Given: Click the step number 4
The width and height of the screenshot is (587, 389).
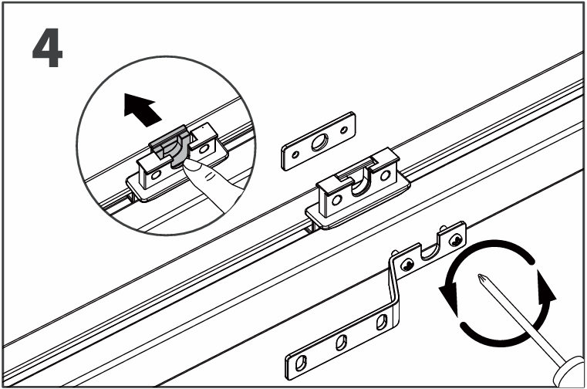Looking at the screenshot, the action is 48,48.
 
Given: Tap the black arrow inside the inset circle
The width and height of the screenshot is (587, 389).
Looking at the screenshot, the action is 142,110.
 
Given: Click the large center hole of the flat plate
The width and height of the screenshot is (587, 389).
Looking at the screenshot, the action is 319,143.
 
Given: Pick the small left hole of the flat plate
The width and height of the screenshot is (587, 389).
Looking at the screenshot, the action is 295,154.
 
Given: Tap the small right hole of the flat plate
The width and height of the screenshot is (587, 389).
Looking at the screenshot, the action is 344,130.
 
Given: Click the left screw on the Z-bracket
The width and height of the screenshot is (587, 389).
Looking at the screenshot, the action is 407,266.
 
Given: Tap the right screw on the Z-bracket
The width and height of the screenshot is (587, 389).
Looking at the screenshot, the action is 456,239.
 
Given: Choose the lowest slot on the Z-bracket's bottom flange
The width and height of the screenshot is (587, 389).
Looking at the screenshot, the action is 300,363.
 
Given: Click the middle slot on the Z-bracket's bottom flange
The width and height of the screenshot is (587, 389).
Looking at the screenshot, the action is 341,342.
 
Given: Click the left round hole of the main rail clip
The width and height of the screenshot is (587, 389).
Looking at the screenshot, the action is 336,200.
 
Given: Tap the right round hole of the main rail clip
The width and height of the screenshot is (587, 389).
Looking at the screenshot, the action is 384,175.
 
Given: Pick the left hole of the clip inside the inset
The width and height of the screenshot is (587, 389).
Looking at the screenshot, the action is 156,174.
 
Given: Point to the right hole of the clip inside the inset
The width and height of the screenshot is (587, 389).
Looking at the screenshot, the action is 204,150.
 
